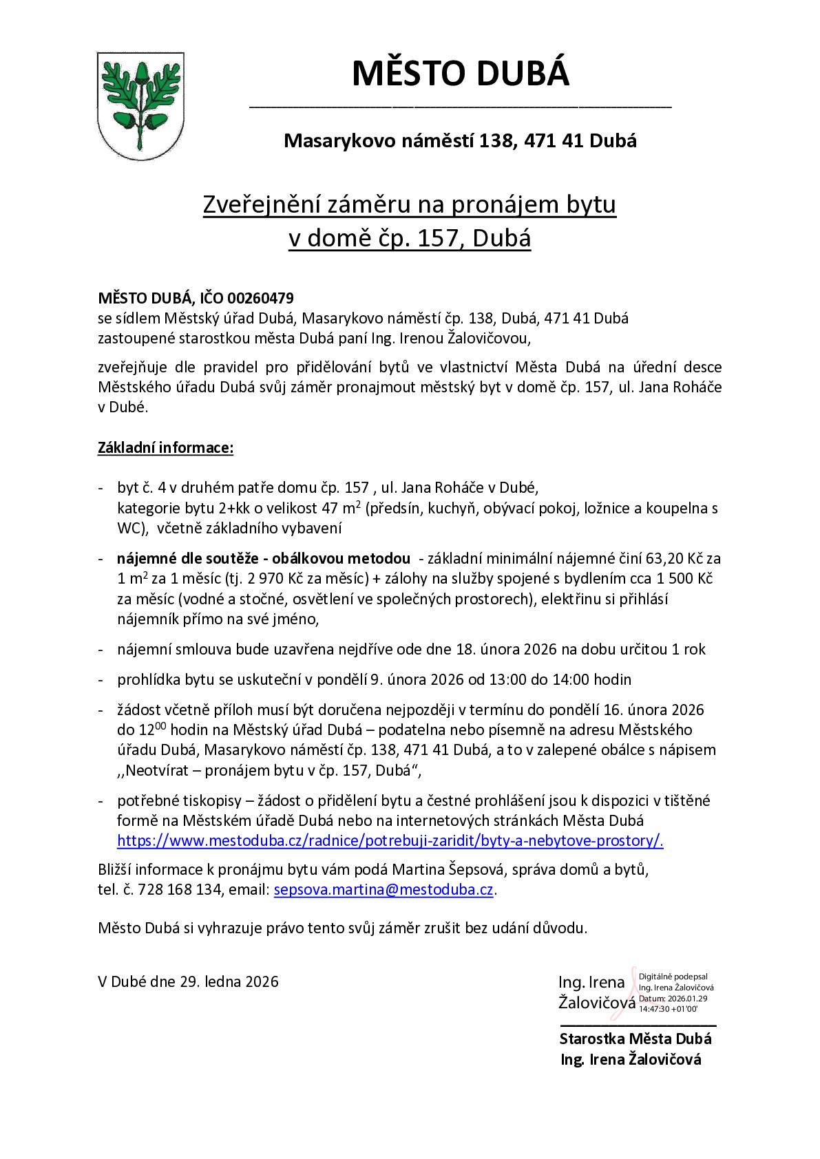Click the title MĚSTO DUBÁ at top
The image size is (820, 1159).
461,74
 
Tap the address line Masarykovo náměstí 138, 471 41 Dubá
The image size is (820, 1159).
460,141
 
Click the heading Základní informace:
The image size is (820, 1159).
166,448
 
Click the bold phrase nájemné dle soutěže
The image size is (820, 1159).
187,558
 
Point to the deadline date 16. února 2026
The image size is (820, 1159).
642,710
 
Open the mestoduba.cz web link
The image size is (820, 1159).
390,840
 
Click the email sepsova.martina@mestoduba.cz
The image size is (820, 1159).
383,889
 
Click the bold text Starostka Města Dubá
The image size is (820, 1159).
635,1039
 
